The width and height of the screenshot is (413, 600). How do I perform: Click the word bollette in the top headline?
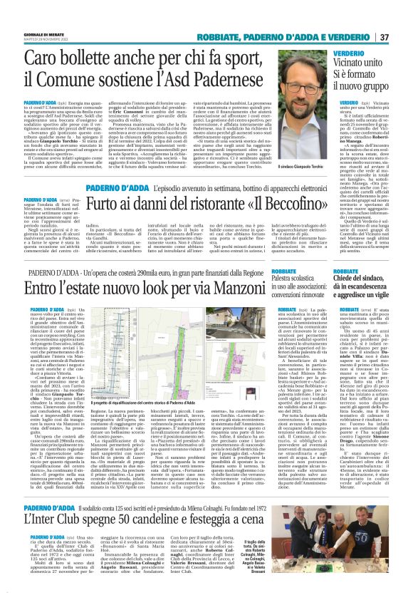coord(89,57)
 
